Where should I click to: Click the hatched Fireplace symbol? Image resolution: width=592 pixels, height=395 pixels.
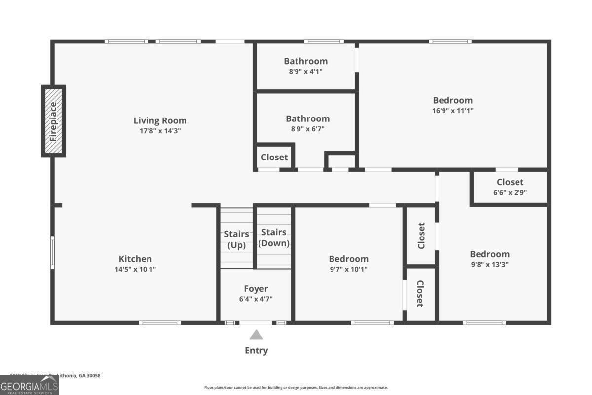tap(53, 121)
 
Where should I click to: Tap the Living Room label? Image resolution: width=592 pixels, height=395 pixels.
tap(160, 120)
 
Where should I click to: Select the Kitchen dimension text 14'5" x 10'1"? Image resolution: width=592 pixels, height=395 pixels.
tap(135, 269)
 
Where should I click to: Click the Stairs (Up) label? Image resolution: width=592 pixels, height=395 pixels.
tap(236, 239)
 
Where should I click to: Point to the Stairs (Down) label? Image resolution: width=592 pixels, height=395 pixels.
tap(274, 237)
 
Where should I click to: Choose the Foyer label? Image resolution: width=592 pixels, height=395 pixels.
tap(256, 289)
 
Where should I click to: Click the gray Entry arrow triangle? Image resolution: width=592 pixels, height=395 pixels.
tap(256, 335)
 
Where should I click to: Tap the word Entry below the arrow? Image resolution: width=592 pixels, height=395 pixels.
tap(257, 351)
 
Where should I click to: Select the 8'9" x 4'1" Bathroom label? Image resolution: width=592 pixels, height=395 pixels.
tap(305, 61)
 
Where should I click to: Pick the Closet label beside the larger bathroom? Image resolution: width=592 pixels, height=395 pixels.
tap(274, 158)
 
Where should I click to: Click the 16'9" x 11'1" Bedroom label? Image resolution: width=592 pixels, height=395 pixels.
tap(452, 100)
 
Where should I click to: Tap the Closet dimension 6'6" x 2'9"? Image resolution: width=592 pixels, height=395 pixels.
tap(510, 193)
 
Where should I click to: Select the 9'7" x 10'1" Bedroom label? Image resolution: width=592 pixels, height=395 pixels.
tap(348, 259)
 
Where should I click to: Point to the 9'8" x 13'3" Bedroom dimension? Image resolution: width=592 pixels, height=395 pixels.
tap(489, 264)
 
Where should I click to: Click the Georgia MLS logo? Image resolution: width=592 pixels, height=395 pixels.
tap(30, 386)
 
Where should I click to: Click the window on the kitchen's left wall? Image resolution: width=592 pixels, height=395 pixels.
tap(52, 252)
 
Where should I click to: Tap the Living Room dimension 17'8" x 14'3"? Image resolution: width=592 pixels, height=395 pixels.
tap(160, 131)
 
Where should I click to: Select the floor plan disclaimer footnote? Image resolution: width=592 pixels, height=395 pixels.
tap(296, 388)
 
